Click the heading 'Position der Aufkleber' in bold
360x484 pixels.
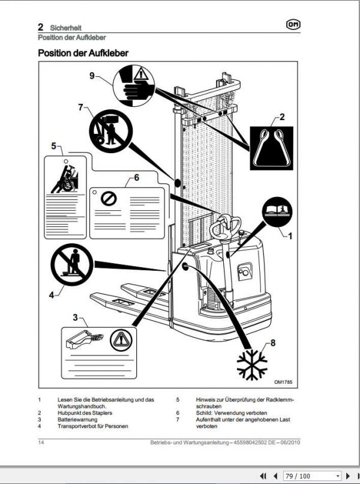pyautogui.click(x=83, y=53)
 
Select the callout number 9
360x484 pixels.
pyautogui.click(x=92, y=76)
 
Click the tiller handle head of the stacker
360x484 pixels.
pyautogui.click(x=226, y=224)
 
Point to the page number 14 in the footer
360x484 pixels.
pyautogui.click(x=41, y=443)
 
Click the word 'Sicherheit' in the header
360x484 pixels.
pyautogui.click(x=66, y=28)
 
